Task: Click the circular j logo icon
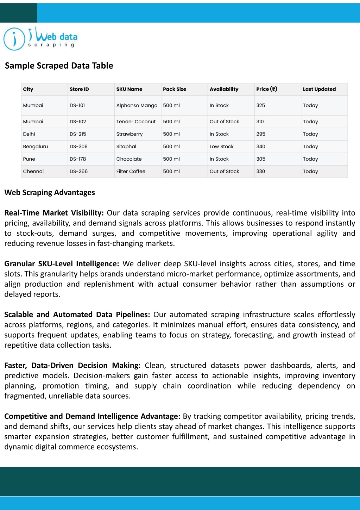(x=14, y=39)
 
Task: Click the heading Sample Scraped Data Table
(x=59, y=66)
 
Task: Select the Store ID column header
(x=79, y=89)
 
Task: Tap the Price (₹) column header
(x=266, y=89)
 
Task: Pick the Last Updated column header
(x=319, y=89)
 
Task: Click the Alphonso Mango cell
(x=137, y=105)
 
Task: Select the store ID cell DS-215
(x=78, y=134)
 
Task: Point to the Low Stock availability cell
(x=221, y=147)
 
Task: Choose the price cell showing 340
(x=261, y=147)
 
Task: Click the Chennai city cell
(x=33, y=172)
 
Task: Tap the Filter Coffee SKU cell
(x=131, y=172)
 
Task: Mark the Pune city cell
(x=29, y=159)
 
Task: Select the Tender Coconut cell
(x=136, y=122)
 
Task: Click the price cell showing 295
(x=261, y=134)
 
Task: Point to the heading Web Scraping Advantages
(x=50, y=193)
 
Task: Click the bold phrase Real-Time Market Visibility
(x=54, y=213)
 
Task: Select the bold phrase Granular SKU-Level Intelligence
(x=62, y=264)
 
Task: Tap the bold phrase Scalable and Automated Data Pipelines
(x=77, y=315)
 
